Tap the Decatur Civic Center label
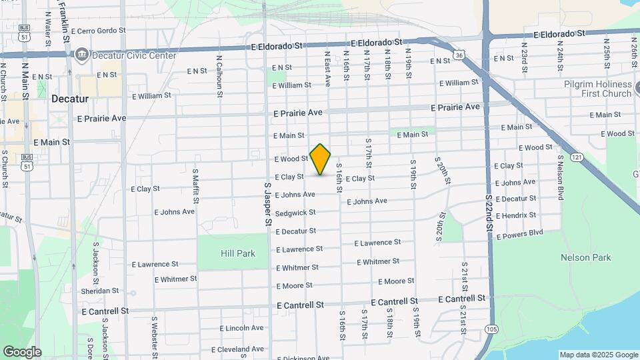tap(133, 55)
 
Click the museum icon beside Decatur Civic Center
tap(81, 53)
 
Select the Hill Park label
tap(238, 253)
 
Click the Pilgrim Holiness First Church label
tap(596, 89)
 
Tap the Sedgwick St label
tap(295, 213)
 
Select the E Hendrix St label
tap(515, 216)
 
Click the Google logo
tap(22, 351)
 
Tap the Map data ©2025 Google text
tap(599, 355)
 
